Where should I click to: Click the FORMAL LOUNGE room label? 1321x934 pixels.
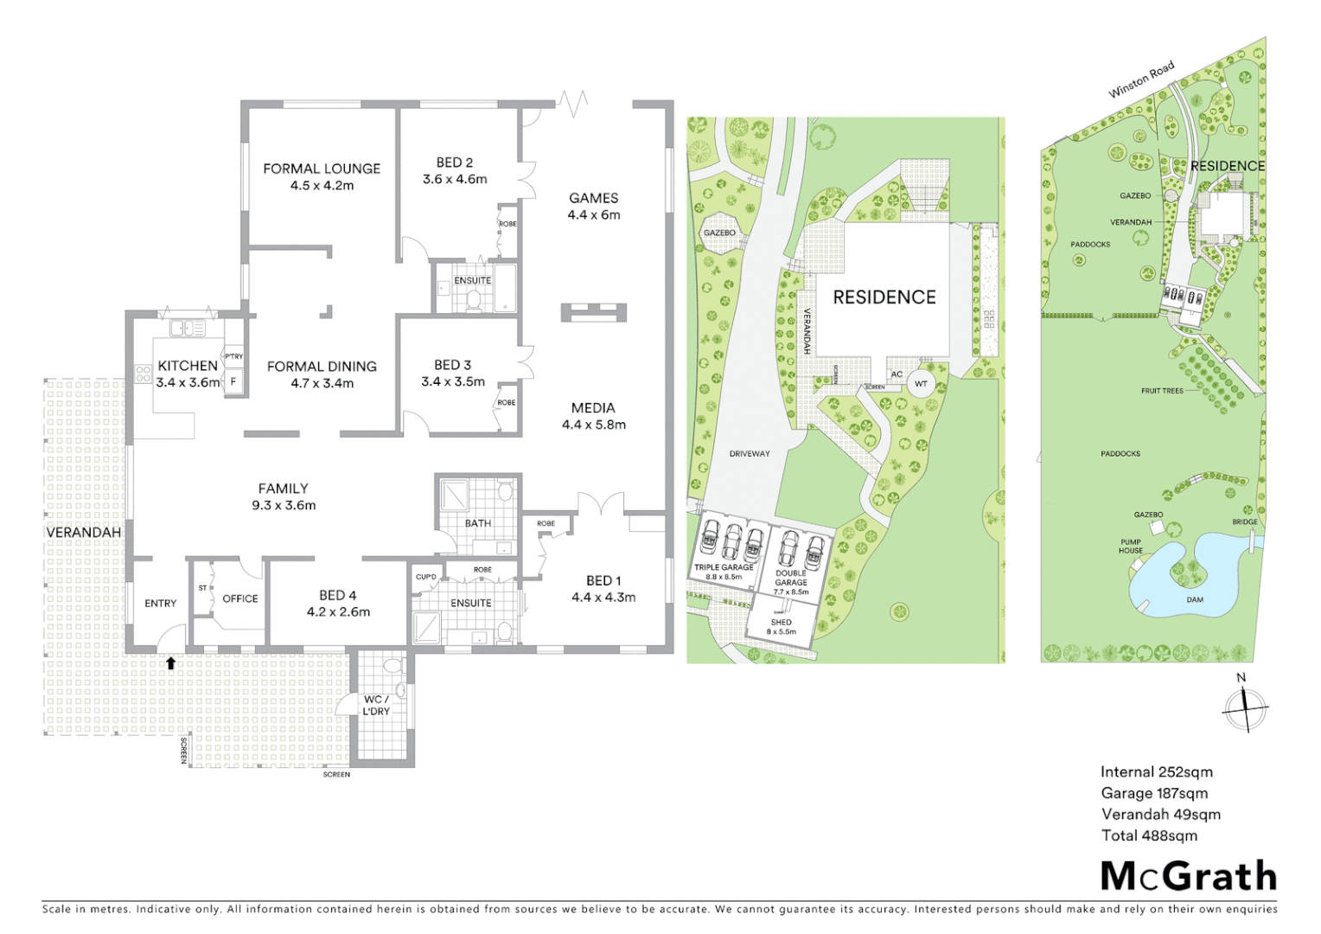[322, 169]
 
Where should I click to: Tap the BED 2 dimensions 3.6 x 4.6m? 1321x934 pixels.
[455, 180]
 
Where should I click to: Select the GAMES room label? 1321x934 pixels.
[593, 198]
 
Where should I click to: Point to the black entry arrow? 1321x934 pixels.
[171, 663]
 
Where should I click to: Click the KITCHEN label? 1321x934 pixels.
[188, 366]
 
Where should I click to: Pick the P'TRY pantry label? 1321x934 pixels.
[233, 356]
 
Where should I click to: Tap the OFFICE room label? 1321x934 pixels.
[240, 598]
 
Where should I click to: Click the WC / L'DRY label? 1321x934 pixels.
[376, 705]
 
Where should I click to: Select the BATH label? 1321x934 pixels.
[478, 523]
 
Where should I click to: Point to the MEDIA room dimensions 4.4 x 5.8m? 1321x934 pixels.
[593, 425]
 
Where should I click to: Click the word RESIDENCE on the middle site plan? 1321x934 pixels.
[884, 297]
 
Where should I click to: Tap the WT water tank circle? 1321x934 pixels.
[921, 384]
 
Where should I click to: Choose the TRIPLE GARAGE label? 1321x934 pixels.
[724, 567]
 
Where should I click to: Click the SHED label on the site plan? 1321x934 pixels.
[781, 622]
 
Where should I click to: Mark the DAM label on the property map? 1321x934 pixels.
[1195, 599]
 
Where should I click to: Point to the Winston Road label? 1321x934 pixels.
[1141, 79]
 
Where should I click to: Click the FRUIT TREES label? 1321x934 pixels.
[1162, 391]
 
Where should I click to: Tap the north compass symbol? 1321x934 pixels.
[1245, 707]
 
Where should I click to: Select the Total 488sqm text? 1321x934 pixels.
[1149, 835]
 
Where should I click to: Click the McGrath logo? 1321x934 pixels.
[1188, 876]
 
